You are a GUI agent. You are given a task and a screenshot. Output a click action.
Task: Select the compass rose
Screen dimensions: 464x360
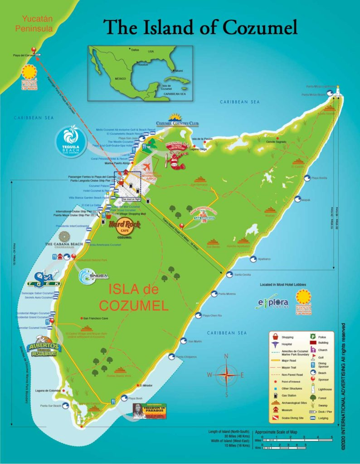(225, 374)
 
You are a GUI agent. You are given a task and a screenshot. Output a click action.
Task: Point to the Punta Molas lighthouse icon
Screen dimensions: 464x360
(337, 92)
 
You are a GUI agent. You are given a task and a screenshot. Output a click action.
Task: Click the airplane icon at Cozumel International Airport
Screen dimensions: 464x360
(146, 166)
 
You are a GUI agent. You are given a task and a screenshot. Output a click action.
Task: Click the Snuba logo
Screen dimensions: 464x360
(93, 276)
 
